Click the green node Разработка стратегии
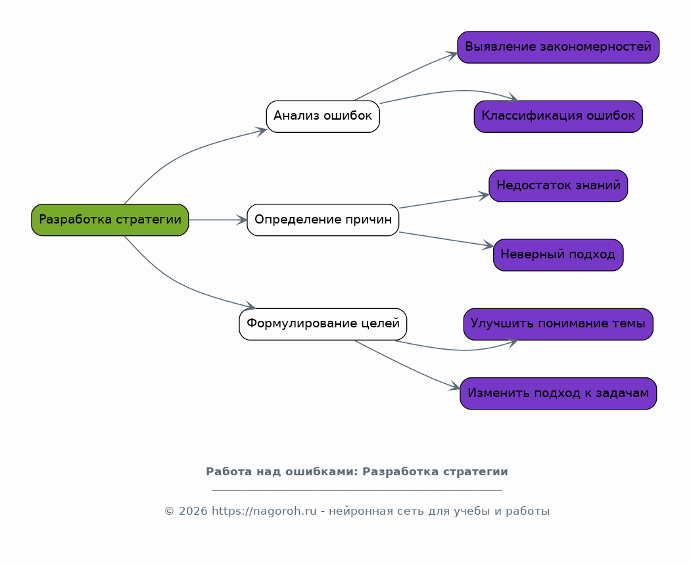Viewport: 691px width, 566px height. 110,220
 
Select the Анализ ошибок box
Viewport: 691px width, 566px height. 323,116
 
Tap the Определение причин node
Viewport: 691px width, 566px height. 323,220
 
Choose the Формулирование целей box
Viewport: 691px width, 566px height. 323,324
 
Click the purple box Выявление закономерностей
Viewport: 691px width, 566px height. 558,47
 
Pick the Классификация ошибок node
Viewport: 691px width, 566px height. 558,116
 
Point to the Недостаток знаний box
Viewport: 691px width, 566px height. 558,186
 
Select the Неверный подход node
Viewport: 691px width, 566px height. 558,255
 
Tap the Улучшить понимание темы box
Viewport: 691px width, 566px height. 558,324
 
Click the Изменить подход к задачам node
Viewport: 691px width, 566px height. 558,393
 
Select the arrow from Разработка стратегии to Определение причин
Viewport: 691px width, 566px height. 218,220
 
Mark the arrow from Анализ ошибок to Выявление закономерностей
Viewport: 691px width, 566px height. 406,75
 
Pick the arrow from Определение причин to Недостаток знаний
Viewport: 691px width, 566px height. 444,201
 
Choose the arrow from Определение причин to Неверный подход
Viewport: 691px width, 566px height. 446,239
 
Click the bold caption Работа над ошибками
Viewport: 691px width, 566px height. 282,472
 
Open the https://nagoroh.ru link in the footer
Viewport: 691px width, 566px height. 264,511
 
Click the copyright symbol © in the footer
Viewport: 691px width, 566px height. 169,511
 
